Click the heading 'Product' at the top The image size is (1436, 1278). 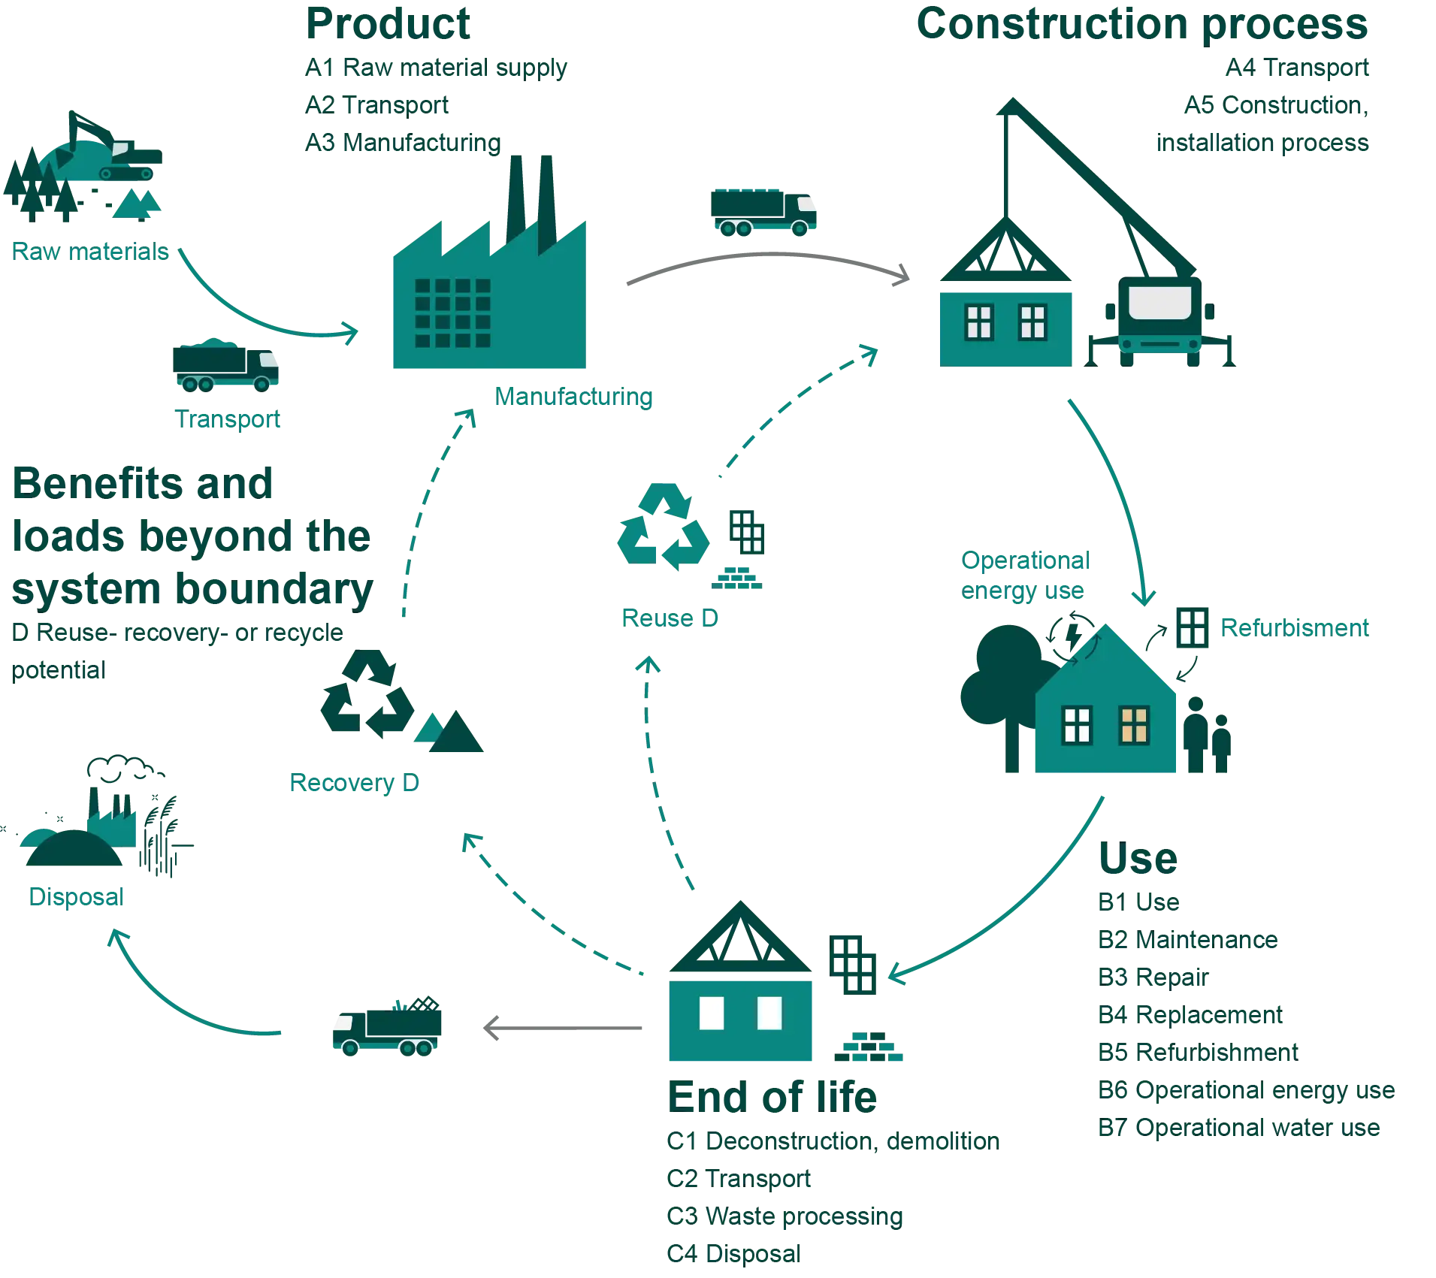coord(389,25)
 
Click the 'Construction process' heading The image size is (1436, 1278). coord(1141,25)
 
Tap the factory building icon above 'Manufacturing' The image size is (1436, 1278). coord(489,293)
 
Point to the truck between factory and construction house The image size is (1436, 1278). coord(763,212)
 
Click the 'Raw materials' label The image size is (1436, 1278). coord(90,252)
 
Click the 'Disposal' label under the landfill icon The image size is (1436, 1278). coord(77,896)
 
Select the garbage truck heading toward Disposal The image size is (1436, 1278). coord(387,1025)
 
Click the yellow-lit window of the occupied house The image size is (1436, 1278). coord(1134,725)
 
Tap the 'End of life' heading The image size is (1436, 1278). coord(772,1097)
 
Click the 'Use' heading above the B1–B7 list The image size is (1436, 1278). coord(1138,859)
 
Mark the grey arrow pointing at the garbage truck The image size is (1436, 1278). coord(563,1027)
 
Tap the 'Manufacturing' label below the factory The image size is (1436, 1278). coord(573,397)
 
